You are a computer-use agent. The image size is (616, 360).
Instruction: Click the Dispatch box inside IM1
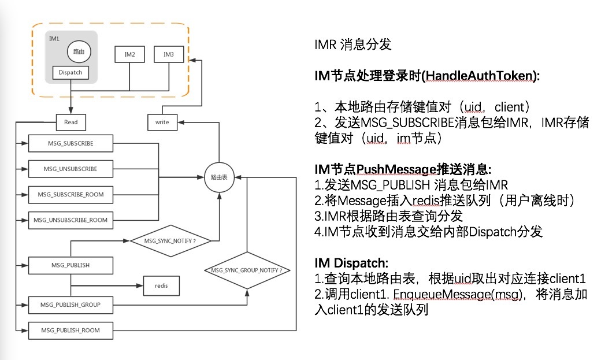[70, 73]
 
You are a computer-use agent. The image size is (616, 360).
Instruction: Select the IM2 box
[129, 54]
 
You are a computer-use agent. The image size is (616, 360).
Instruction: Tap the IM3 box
[169, 54]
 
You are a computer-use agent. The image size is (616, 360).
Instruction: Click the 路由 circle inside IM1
[79, 51]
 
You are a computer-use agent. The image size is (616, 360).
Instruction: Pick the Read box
[71, 122]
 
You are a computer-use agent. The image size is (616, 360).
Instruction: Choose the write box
[162, 122]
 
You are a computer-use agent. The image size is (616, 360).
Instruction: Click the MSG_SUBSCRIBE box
[70, 143]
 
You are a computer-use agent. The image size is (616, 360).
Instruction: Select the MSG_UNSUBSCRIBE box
[70, 169]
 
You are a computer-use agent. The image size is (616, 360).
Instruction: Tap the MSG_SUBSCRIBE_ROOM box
[70, 194]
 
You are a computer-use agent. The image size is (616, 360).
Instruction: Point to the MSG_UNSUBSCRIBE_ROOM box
[70, 220]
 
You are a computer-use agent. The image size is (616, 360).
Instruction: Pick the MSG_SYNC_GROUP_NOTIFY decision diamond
[247, 270]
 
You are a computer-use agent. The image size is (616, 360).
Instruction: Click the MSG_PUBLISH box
[70, 265]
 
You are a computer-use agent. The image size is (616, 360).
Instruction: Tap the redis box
[161, 285]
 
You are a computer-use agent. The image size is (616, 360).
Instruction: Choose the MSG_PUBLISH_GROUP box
[70, 304]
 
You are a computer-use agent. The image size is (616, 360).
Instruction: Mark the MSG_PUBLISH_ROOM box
[70, 331]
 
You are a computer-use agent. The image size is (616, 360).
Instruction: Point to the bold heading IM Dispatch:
[347, 263]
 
